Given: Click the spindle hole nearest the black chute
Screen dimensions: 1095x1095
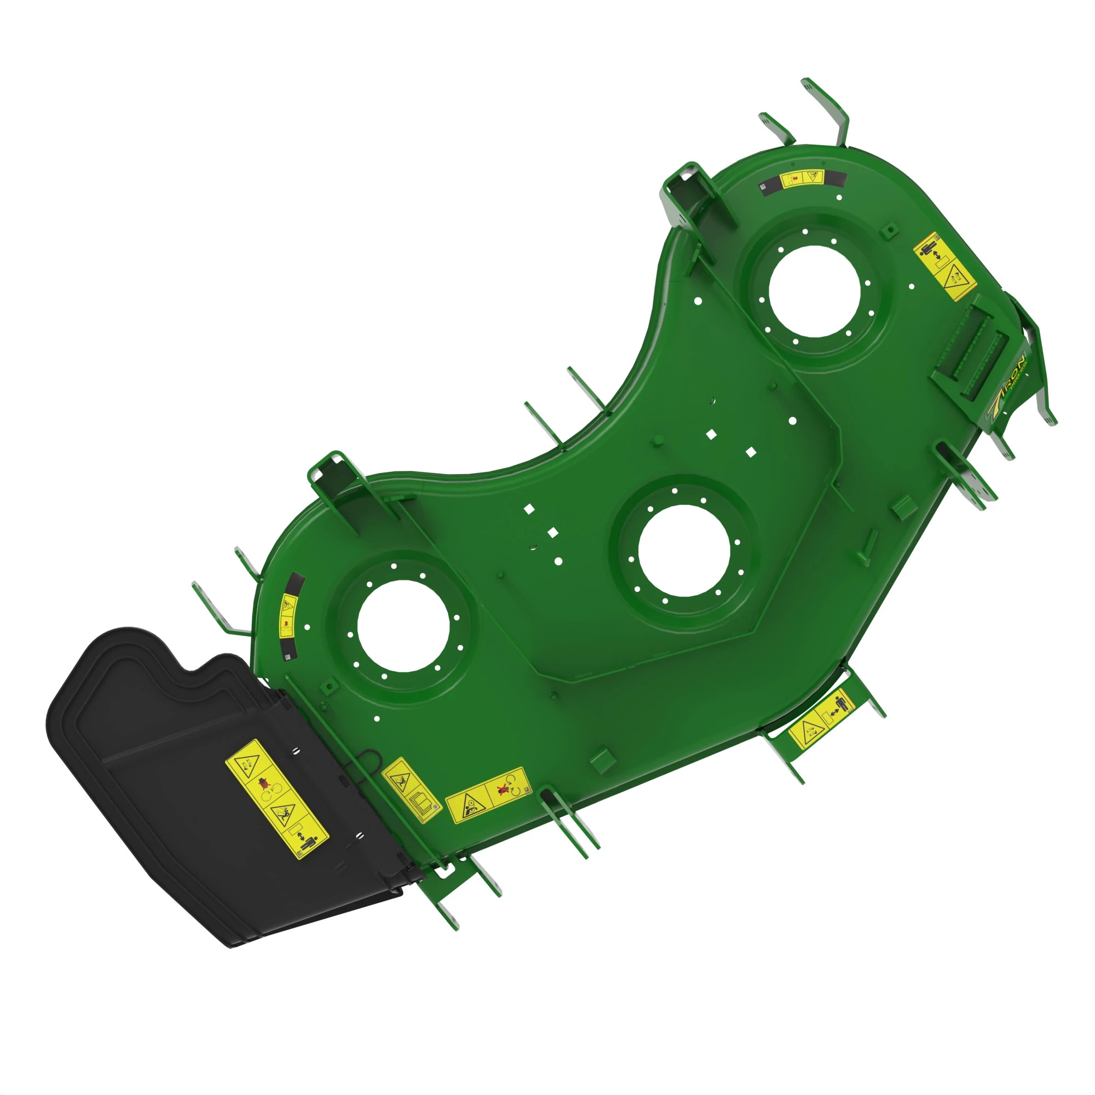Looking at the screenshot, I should coord(404,626).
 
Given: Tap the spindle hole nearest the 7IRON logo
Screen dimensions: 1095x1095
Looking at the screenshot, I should coord(815,291).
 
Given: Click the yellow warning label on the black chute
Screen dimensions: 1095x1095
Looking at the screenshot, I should coord(276,799).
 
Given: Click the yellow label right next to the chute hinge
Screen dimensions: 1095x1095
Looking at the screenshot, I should coord(411,788).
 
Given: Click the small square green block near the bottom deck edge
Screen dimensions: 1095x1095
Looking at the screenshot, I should coord(602,759).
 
